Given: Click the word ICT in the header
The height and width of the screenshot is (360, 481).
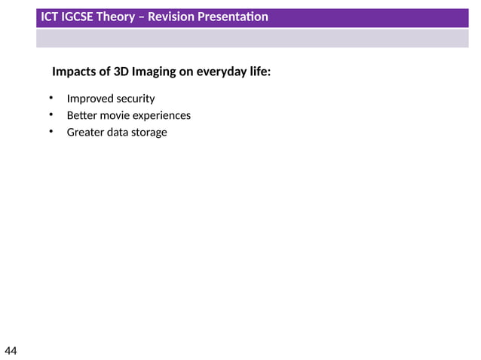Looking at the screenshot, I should pos(50,17).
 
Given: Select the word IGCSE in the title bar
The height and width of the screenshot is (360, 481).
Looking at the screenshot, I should pos(78,17).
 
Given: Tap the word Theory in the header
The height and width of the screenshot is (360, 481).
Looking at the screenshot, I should pos(117,17).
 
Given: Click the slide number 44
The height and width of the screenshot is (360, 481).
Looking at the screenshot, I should pos(11,351).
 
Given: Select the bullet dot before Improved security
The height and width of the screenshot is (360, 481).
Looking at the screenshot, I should pos(51,98).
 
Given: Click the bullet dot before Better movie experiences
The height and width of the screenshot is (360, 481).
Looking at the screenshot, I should pos(51,114).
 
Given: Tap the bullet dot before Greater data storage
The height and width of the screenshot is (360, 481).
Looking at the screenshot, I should pos(51,131).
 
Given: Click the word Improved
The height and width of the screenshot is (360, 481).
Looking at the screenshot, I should pos(90,99).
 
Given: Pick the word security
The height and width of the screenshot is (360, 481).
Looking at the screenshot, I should pos(136,99).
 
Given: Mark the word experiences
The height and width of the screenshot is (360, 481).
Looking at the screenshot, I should pos(162,115).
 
